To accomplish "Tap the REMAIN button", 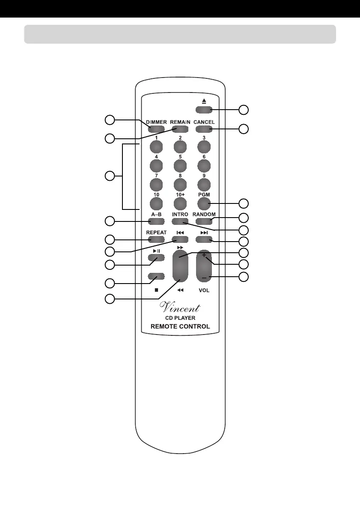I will (x=180, y=129).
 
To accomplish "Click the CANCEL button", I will (x=204, y=129).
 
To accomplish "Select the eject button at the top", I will (x=204, y=109).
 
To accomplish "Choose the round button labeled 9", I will (x=204, y=184).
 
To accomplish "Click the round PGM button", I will (x=204, y=203).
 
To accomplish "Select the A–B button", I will (x=156, y=221).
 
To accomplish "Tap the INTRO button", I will (x=180, y=221).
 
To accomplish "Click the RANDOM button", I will (x=204, y=221).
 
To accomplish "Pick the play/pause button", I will (x=156, y=258).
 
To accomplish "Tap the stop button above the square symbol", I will (x=156, y=277).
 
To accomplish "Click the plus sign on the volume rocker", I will (x=204, y=256).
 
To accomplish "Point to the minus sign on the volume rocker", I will (x=204, y=278).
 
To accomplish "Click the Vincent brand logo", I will (x=180, y=307).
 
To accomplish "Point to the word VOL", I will (x=204, y=290).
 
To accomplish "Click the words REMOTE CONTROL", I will (x=180, y=326).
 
